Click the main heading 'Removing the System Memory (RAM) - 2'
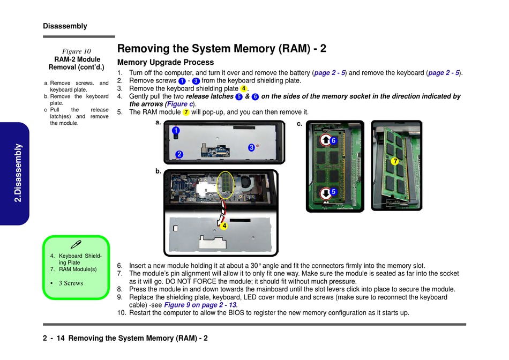coord(222,49)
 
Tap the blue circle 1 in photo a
coord(176,130)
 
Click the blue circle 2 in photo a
coord(179,154)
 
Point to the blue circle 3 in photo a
coord(251,147)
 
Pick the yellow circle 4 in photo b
coord(224,226)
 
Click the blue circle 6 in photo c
coord(333,140)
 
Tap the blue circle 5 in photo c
coord(333,191)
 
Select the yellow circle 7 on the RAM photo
coord(395,161)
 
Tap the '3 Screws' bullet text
coord(71,283)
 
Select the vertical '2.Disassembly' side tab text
coord(18,173)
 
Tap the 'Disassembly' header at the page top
coord(65,26)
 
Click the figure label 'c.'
coord(300,124)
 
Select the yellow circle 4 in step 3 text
coord(243,88)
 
